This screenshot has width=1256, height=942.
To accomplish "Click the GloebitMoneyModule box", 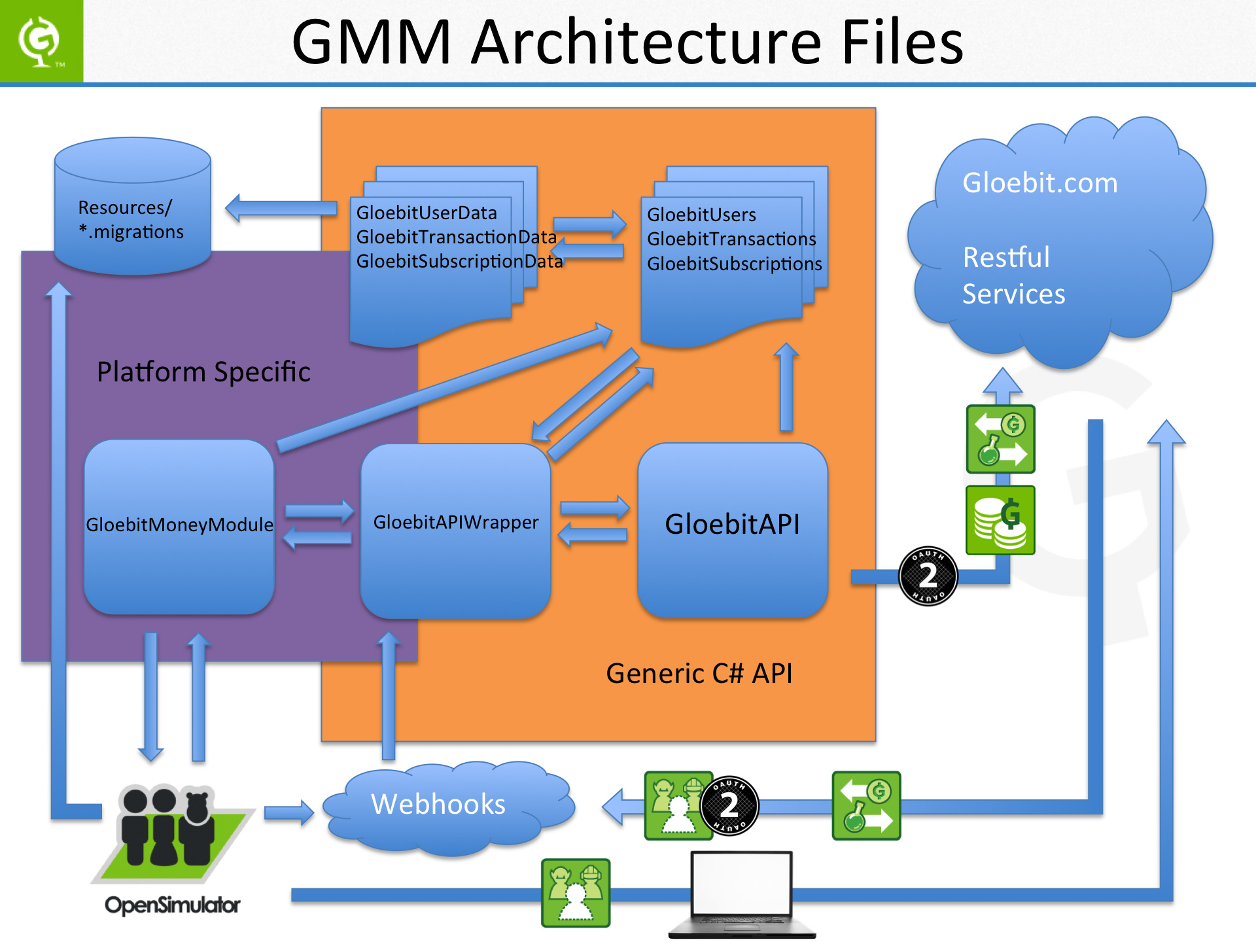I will [x=179, y=527].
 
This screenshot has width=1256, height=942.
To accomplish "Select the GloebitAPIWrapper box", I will [x=455, y=530].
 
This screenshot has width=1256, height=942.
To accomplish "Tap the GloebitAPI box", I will [x=733, y=530].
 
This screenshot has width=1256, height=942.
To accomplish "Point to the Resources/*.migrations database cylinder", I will [x=133, y=206].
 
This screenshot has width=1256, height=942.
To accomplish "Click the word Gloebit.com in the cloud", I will [x=1040, y=183].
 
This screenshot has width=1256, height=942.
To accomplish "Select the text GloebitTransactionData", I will [x=456, y=237].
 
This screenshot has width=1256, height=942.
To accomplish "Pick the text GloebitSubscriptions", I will [x=734, y=264].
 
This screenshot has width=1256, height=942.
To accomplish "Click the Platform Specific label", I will [x=203, y=372].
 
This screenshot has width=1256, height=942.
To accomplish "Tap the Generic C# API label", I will [x=699, y=674].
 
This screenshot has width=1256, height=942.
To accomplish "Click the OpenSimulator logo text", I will [x=172, y=905].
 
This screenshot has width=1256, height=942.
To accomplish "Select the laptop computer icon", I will [x=742, y=893].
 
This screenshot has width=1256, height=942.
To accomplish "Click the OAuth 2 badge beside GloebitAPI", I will [x=928, y=576].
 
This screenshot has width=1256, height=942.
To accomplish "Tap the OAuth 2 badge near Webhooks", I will [x=729, y=805].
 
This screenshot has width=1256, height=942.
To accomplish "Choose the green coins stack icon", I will [x=1000, y=520].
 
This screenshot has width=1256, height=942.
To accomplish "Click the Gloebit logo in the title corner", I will [x=41, y=41].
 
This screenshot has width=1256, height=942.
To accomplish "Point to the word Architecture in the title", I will [x=646, y=42].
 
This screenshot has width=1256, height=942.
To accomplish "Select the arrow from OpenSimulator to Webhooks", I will [x=288, y=813].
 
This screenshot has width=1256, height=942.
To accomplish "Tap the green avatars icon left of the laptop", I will [x=576, y=893].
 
